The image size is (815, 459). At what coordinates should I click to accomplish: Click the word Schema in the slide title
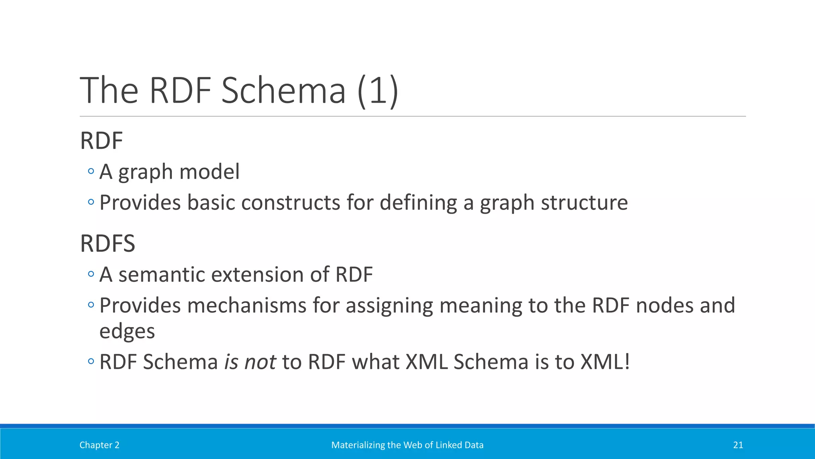point(283,91)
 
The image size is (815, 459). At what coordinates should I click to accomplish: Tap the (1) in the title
point(378,91)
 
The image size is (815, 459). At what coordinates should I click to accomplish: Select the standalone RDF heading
point(101,141)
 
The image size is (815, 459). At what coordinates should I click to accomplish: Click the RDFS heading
point(107,243)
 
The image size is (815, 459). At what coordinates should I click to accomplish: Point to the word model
point(209,172)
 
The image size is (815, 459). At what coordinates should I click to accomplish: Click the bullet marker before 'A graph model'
point(91,171)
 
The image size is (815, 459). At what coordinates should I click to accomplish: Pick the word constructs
point(291,203)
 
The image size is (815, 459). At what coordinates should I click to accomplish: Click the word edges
point(127,331)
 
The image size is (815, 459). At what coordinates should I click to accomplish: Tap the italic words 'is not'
point(250,362)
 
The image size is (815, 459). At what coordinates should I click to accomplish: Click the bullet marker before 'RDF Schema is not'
point(91,361)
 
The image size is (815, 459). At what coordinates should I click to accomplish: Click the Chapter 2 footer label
point(99,445)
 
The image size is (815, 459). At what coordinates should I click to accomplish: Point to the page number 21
point(738,445)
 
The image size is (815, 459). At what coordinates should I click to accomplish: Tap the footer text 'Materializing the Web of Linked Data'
point(407,445)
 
